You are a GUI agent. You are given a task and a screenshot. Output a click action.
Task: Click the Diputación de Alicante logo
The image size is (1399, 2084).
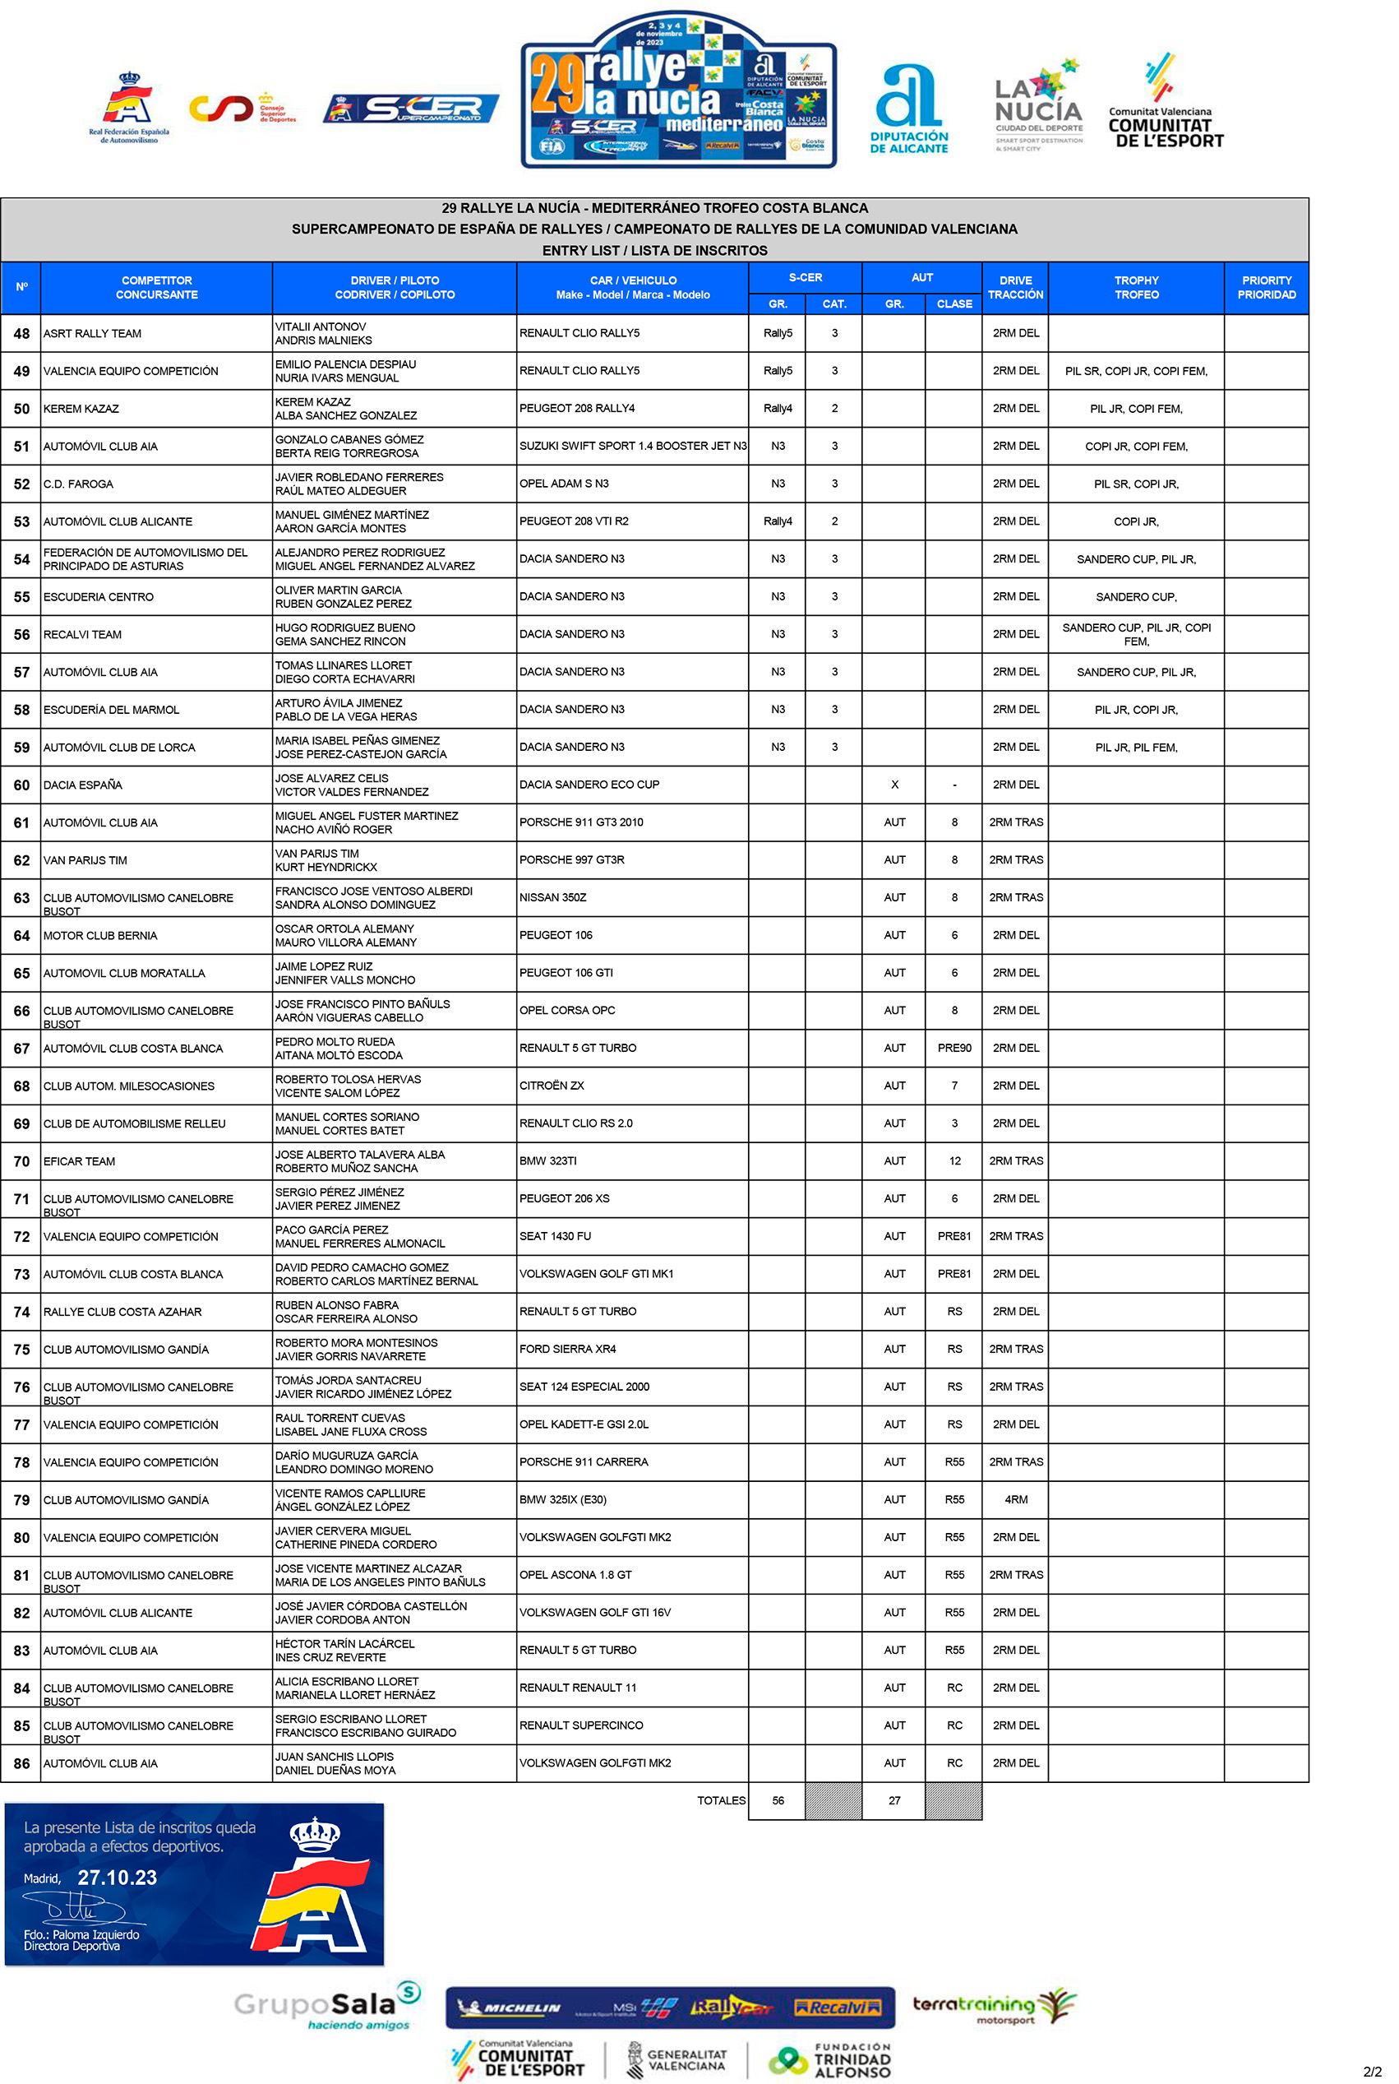[908, 109]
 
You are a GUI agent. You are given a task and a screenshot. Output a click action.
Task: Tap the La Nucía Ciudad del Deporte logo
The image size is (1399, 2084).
[1038, 106]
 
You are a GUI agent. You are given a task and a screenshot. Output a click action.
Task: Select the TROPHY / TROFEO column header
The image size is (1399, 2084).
[1136, 287]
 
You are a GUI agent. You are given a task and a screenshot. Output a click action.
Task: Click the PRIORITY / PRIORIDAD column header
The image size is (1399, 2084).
[1266, 287]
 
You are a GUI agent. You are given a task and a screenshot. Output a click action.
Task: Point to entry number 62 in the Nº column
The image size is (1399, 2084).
[21, 860]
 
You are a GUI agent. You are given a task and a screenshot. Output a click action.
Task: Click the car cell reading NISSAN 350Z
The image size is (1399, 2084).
[553, 897]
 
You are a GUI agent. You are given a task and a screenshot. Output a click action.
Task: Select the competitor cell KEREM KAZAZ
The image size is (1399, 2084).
[81, 409]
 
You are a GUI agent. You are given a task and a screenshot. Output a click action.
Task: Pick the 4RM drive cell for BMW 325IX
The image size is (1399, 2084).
[1015, 1499]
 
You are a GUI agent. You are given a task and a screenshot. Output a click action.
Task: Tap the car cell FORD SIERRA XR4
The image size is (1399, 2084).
[567, 1349]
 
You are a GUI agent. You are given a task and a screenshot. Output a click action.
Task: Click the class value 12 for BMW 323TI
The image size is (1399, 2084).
[954, 1161]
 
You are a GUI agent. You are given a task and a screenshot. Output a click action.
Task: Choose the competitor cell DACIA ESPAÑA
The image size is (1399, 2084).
[83, 785]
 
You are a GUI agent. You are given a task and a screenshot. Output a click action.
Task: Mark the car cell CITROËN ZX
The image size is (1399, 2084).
[552, 1086]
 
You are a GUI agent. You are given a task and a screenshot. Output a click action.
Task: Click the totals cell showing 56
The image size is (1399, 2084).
[778, 1800]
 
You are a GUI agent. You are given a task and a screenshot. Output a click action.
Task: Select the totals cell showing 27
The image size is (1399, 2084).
[894, 1800]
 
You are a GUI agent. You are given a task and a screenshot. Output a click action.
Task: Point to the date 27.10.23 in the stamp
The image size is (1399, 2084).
[117, 1877]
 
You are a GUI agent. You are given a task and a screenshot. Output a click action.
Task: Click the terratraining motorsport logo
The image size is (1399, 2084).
[993, 2006]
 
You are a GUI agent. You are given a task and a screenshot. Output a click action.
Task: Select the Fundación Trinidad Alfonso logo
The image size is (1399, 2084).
[829, 2059]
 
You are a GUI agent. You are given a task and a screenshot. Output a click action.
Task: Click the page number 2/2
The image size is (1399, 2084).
[1371, 2071]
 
